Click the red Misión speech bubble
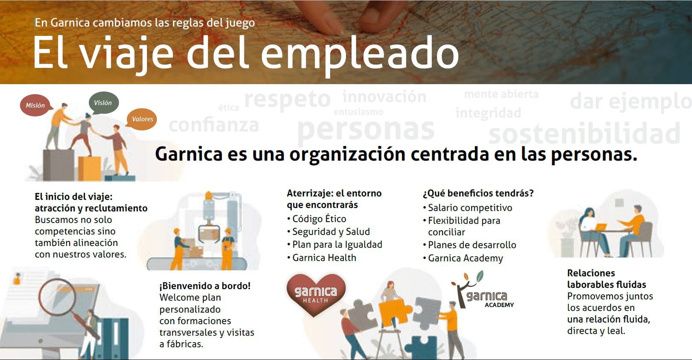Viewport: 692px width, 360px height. point(35,105)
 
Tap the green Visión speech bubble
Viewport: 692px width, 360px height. point(103,102)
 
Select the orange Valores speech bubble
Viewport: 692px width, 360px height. point(142,119)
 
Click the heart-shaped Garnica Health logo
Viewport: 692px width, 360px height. point(316,295)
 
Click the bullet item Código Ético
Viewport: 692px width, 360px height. point(317,219)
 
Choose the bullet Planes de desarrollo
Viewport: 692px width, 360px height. point(469,245)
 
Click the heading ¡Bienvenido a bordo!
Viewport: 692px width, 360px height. point(205,286)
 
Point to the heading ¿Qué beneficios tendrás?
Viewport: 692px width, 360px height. point(478,193)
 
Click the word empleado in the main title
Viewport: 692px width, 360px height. point(360,54)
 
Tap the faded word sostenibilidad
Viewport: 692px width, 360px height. point(584,133)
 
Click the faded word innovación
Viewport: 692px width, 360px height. point(384,97)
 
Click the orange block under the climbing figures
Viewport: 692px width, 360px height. point(89,169)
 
